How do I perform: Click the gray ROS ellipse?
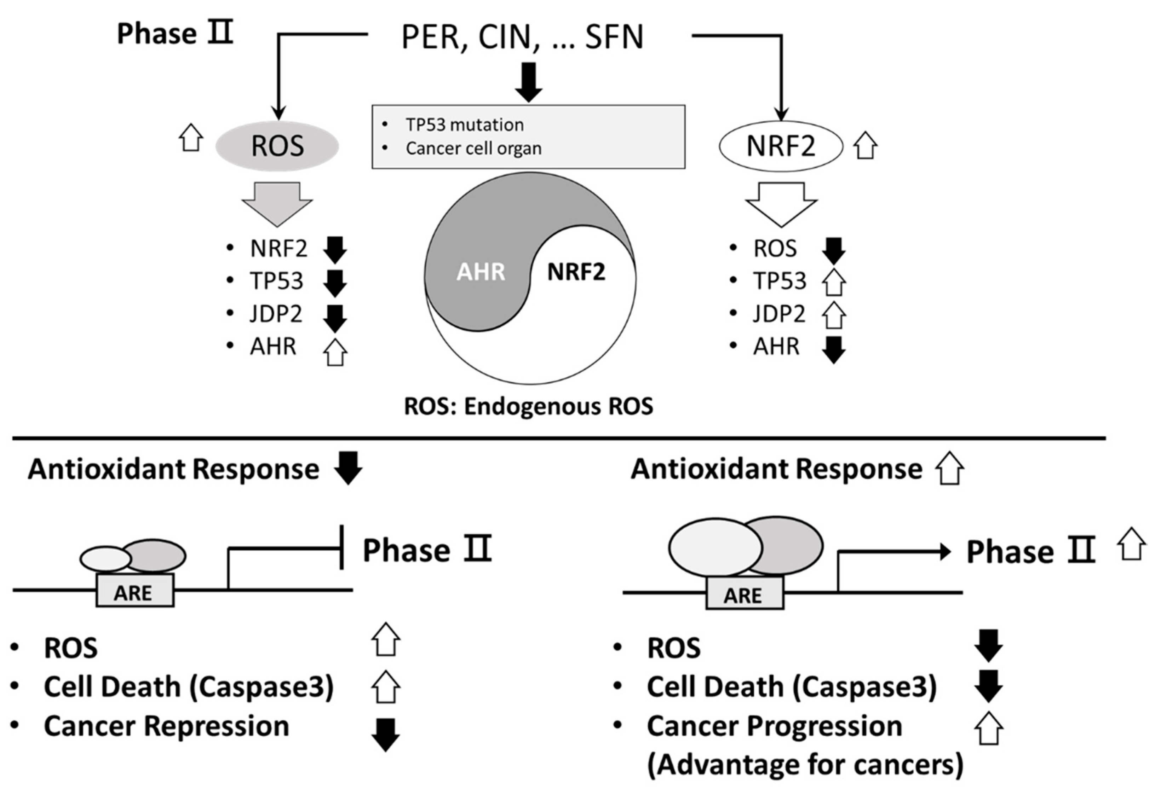pos(277,146)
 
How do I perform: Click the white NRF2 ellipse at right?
pos(780,146)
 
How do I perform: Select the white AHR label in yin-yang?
pos(481,272)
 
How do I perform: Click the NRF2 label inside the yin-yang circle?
pos(576,272)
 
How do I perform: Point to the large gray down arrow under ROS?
pos(277,203)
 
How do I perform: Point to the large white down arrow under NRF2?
pos(781,203)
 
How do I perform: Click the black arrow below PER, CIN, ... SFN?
pos(528,82)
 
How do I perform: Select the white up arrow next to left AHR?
pos(335,353)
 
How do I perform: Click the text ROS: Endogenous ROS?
pos(528,406)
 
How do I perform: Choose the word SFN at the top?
pos(614,37)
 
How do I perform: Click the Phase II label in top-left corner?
pos(175,34)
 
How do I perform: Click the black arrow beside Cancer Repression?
pos(386,734)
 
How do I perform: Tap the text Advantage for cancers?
pos(805,765)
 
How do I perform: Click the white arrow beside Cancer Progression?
pos(988,728)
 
